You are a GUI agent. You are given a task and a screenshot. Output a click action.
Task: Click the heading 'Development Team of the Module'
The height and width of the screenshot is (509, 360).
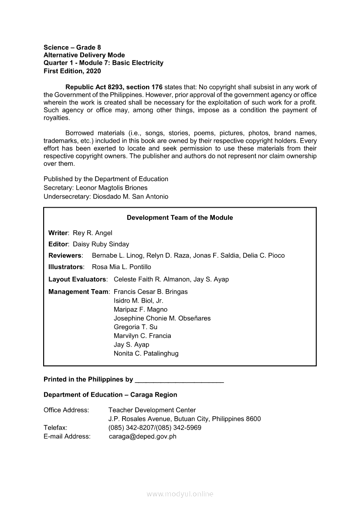(180, 218)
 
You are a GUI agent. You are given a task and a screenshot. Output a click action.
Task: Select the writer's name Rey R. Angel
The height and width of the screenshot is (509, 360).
(92, 233)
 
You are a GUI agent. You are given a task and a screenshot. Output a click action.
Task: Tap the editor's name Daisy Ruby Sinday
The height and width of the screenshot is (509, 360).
(101, 244)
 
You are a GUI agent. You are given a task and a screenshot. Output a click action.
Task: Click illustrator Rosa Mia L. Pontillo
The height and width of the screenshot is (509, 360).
(122, 267)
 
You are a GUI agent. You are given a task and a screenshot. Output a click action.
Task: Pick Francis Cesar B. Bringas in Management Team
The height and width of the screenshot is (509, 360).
(150, 292)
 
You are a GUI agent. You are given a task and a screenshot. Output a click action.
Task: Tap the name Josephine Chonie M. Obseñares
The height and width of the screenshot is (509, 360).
(162, 318)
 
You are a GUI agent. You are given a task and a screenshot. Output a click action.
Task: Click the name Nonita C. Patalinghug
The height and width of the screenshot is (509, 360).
(146, 354)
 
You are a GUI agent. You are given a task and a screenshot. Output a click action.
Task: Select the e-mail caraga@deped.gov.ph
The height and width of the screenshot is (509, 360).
(143, 436)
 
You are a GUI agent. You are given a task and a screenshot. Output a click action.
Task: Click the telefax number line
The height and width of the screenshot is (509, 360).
(155, 428)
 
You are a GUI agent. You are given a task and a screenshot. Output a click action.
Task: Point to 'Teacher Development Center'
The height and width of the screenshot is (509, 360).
(152, 410)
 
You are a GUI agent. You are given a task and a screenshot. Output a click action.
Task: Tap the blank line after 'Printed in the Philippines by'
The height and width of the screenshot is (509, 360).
(180, 380)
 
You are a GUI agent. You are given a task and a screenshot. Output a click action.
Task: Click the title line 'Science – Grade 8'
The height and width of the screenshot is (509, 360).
(72, 47)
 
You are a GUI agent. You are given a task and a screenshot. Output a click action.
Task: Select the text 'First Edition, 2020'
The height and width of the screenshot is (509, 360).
(72, 71)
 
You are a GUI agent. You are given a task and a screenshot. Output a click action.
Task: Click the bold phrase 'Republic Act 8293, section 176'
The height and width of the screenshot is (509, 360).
(114, 87)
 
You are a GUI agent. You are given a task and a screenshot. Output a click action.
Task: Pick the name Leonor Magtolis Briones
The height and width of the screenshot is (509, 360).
(112, 188)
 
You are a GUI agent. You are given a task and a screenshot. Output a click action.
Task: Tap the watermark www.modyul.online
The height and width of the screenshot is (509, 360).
(180, 494)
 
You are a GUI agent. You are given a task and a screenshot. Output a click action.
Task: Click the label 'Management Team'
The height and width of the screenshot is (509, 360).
(78, 292)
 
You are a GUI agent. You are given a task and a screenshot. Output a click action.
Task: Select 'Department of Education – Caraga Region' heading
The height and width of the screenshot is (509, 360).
(110, 395)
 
